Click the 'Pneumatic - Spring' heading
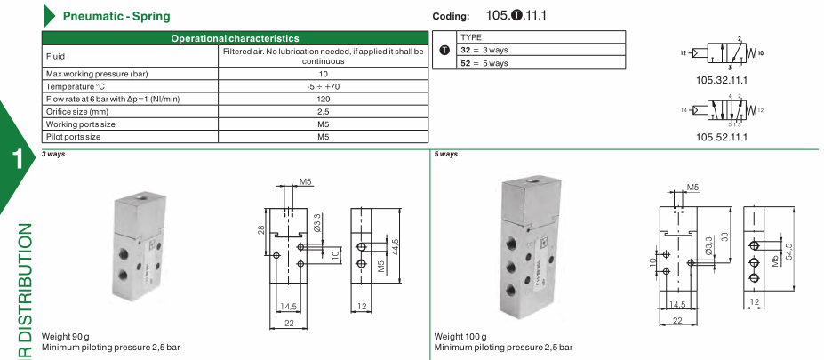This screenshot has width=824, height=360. tap(116, 16)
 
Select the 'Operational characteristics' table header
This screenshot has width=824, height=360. tap(235, 38)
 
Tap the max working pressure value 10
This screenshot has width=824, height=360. tap(324, 74)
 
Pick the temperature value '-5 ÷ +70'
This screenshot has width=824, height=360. tap(324, 87)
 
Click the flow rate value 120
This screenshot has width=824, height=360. tap(324, 100)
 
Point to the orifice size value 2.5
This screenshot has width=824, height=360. tap(324, 112)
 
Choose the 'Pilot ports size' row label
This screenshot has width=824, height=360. tap(73, 137)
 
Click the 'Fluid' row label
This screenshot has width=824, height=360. tap(55, 57)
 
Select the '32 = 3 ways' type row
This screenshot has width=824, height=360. tap(484, 51)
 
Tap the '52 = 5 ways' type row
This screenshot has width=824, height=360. tap(484, 63)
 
